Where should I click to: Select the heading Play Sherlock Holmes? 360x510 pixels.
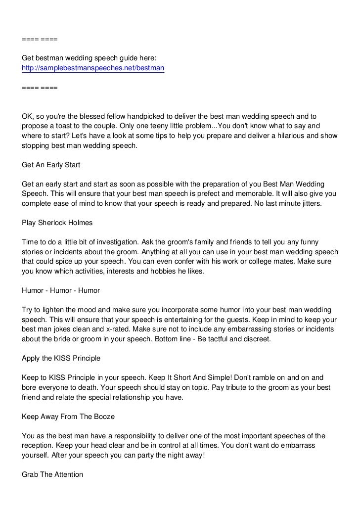click(57, 223)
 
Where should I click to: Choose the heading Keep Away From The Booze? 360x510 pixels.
click(68, 417)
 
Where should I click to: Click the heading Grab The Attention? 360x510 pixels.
click(52, 474)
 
